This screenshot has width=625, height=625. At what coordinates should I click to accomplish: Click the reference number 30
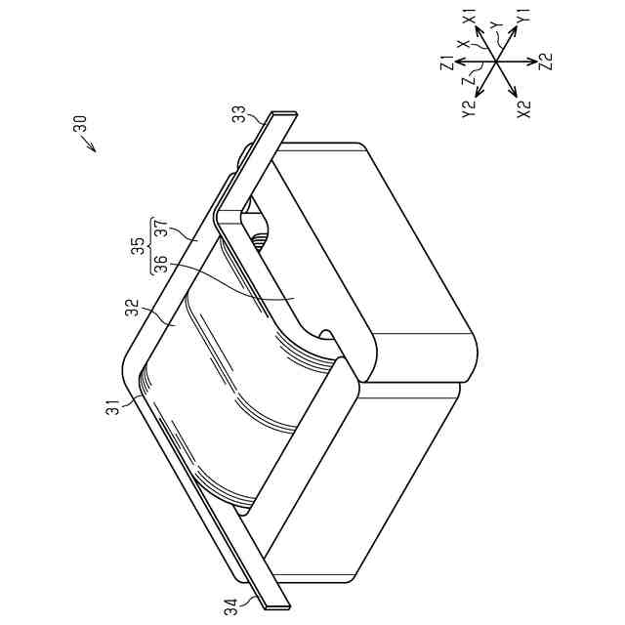coord(80,124)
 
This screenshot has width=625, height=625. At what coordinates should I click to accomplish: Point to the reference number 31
coord(115,408)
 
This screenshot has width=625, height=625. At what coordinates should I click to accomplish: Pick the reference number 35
coord(138,246)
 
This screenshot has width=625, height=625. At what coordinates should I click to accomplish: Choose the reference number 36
coord(161,264)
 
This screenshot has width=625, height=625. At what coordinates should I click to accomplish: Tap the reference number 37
coord(161,229)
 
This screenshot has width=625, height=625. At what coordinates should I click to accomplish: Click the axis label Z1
coord(447,62)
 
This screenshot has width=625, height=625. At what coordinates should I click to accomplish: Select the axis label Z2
coord(546,62)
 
